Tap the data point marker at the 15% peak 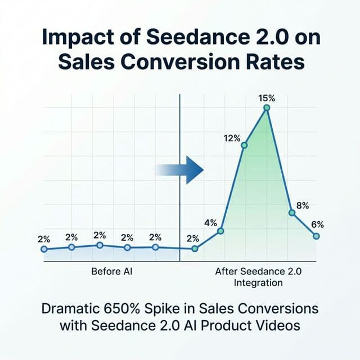[x=267, y=107]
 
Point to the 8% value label [x=302, y=206]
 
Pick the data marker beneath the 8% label [x=291, y=213]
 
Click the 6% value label [x=317, y=224]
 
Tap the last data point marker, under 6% [x=316, y=236]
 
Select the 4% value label [x=210, y=222]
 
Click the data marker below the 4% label [x=220, y=231]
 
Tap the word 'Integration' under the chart [x=258, y=283]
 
